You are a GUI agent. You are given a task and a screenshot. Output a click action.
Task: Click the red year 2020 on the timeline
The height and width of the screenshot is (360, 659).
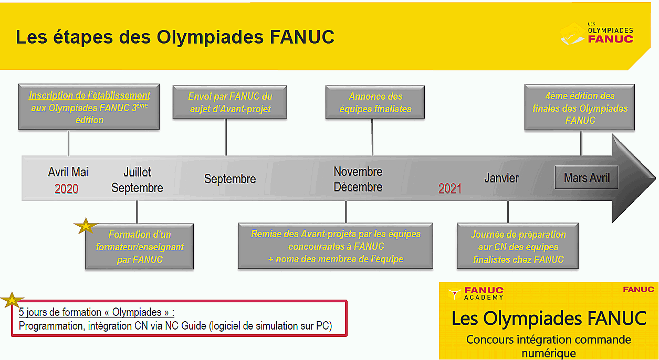pyautogui.click(x=67, y=188)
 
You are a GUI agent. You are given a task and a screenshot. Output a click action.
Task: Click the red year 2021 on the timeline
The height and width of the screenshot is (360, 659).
pyautogui.click(x=450, y=188)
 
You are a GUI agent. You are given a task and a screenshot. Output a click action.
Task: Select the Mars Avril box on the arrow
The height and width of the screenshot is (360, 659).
pyautogui.click(x=587, y=177)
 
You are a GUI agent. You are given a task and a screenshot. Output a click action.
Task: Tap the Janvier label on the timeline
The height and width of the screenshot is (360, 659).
pyautogui.click(x=501, y=178)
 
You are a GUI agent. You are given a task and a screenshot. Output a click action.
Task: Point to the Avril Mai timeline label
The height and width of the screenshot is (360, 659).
pyautogui.click(x=68, y=172)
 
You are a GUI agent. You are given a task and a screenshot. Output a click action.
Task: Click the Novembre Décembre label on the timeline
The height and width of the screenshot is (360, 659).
pyautogui.click(x=358, y=179)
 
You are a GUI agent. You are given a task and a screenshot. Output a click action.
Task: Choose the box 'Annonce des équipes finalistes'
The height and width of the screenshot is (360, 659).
pyautogui.click(x=375, y=102)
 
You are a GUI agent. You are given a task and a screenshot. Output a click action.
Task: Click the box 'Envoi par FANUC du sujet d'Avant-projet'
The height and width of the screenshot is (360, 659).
pyautogui.click(x=230, y=102)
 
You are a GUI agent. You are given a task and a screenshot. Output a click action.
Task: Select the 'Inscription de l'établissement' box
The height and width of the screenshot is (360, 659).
pyautogui.click(x=89, y=107)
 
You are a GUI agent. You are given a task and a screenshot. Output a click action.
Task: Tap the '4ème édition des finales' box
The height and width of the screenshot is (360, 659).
pyautogui.click(x=580, y=108)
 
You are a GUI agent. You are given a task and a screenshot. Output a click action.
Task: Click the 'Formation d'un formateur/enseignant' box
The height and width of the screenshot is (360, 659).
pyautogui.click(x=140, y=247)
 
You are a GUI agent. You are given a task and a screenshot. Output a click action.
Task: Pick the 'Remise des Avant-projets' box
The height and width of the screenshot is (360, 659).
pyautogui.click(x=336, y=246)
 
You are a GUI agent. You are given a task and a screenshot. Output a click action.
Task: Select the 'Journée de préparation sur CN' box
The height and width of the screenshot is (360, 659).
pyautogui.click(x=518, y=246)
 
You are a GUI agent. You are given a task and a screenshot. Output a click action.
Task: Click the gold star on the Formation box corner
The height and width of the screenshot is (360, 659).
pyautogui.click(x=86, y=226)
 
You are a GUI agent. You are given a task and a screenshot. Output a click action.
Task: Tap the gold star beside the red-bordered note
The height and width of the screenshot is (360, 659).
pyautogui.click(x=12, y=300)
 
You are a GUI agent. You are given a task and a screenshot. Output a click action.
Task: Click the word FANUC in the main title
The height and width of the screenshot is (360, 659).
pyautogui.click(x=302, y=37)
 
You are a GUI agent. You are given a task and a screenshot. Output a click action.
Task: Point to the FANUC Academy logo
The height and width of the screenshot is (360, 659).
pyautogui.click(x=476, y=293)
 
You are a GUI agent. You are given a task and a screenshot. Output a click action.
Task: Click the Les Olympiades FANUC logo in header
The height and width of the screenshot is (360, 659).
pyautogui.click(x=597, y=34)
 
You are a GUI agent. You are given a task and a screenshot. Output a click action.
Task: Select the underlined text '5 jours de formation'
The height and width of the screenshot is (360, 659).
pyautogui.click(x=60, y=312)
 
